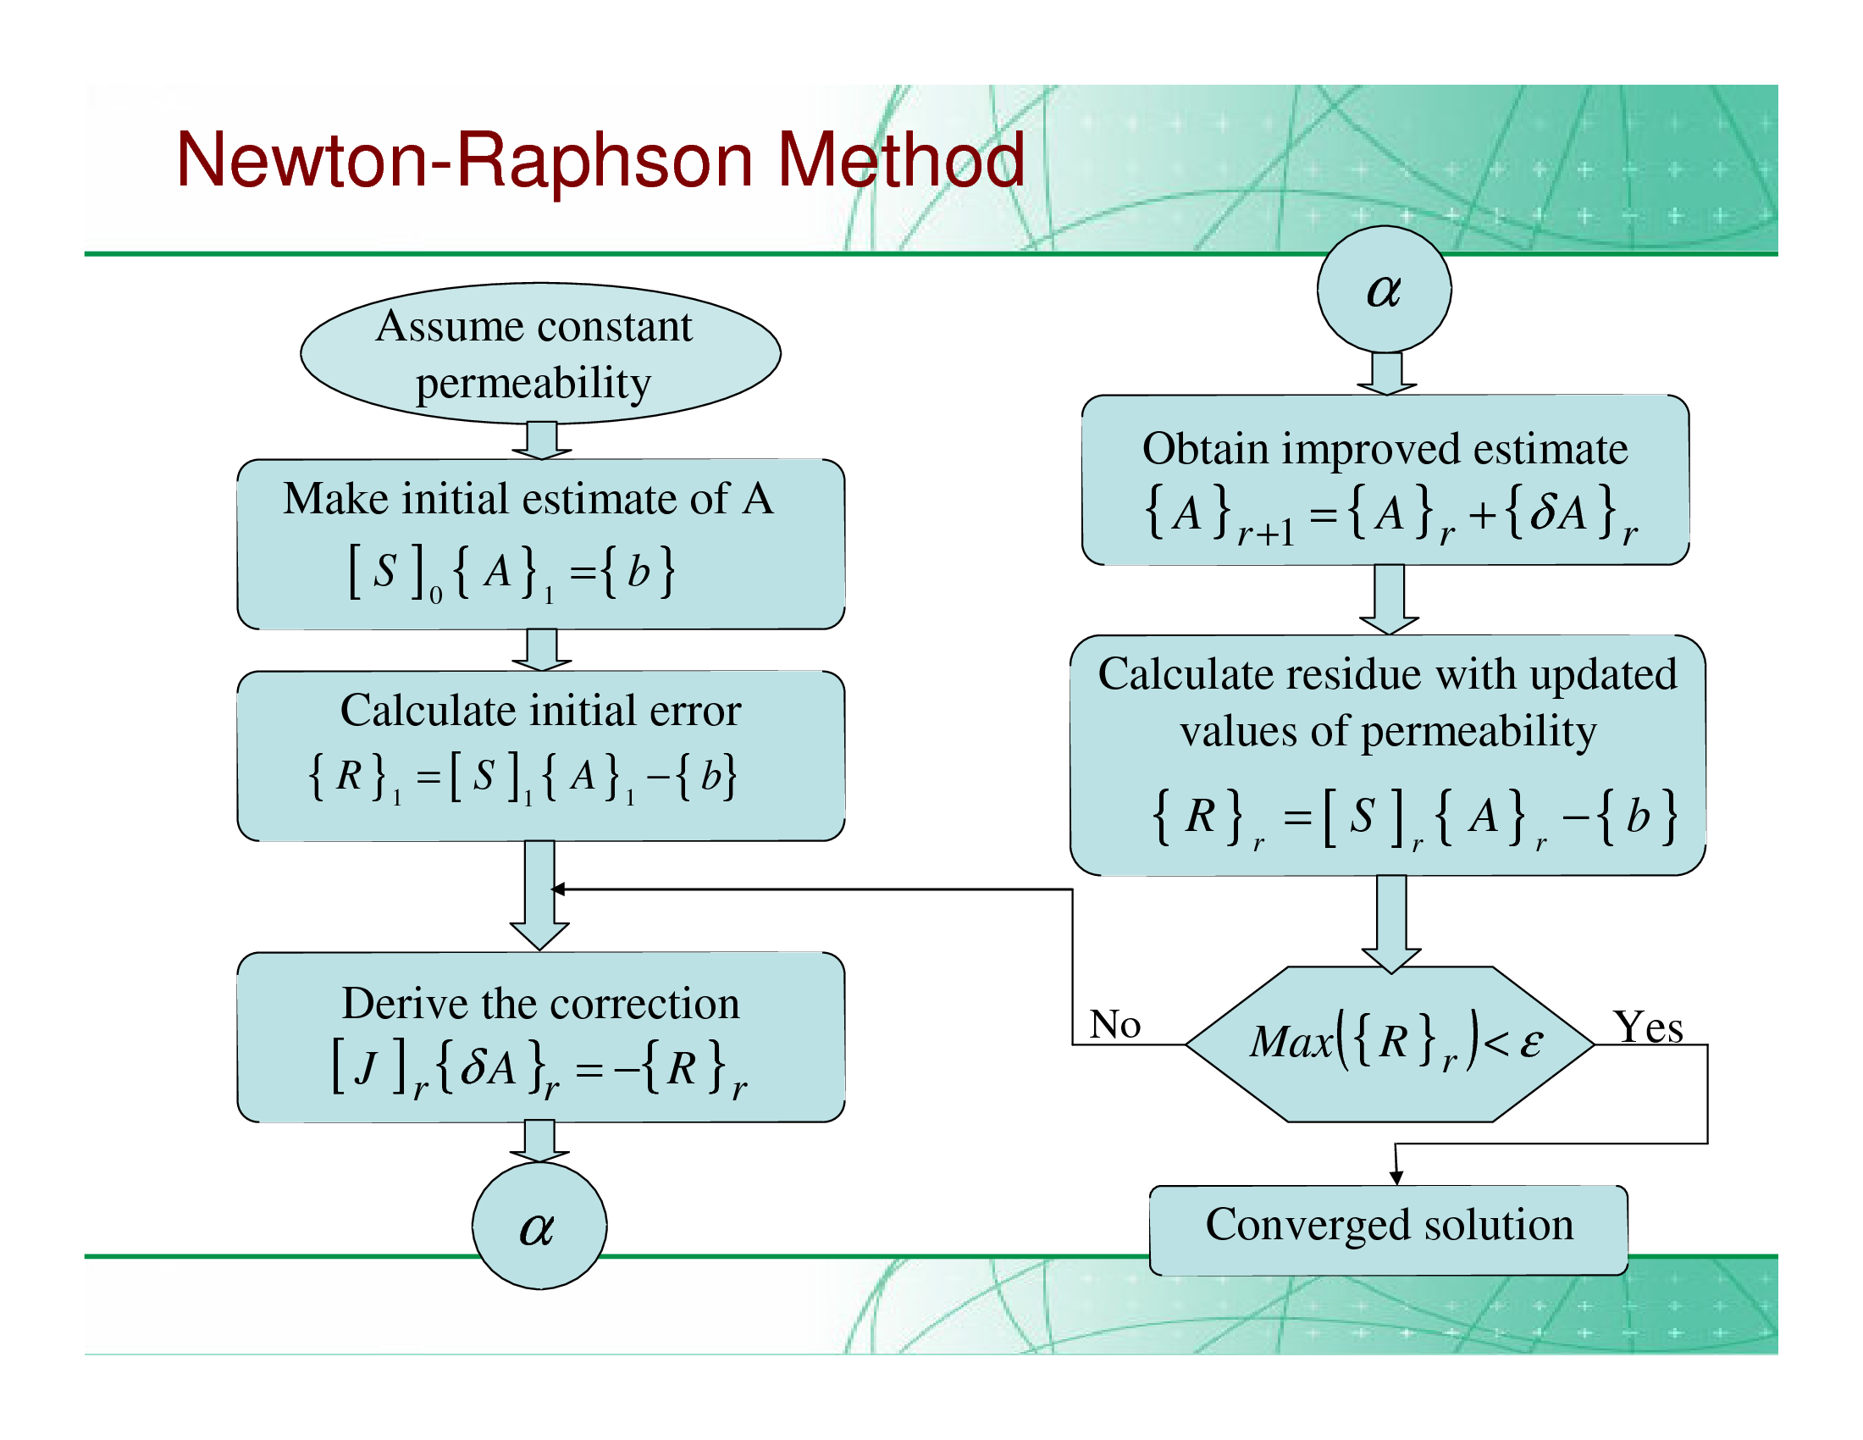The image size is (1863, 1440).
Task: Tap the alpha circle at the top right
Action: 1383,290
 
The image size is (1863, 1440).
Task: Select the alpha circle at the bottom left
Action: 539,1227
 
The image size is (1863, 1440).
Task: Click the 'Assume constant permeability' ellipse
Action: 539,353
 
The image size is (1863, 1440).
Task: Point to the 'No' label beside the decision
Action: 1114,1025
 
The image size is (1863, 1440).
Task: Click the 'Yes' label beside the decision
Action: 1647,1027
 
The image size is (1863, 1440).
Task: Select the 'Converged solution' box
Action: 1388,1229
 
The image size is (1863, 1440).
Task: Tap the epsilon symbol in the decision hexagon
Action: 1531,1043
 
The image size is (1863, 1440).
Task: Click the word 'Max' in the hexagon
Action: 1291,1043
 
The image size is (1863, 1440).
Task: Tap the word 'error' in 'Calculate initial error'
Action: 694,711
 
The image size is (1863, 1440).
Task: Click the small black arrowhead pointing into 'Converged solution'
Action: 1396,1177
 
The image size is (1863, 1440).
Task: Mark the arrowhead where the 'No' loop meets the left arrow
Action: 559,889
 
